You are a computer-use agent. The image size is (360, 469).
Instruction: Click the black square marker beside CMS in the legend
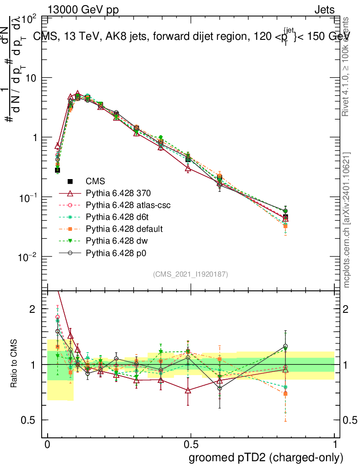(x=71, y=182)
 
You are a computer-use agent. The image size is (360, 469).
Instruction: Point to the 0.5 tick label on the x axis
(x=191, y=445)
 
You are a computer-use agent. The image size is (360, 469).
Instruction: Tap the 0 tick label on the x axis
(x=47, y=445)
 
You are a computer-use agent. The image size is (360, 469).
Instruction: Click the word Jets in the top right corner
(x=324, y=10)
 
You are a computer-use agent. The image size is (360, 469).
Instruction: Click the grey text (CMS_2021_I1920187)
(x=191, y=274)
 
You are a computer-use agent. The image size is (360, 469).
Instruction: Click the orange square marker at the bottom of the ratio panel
(x=285, y=394)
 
